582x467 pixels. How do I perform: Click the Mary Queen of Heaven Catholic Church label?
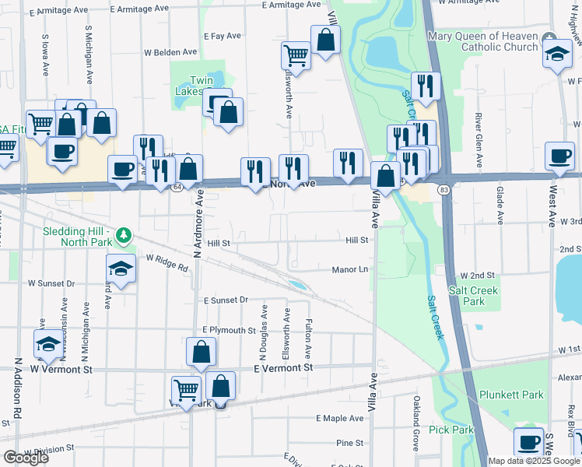(x=482, y=42)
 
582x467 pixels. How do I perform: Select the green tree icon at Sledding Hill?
(x=121, y=234)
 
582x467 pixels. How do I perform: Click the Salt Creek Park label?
(x=473, y=296)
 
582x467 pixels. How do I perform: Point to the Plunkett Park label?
(x=510, y=395)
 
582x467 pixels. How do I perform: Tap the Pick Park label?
(x=451, y=430)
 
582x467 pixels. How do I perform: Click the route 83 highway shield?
(x=443, y=191)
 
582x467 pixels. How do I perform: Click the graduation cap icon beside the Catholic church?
(x=557, y=54)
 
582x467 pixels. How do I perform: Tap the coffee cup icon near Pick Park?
(x=529, y=442)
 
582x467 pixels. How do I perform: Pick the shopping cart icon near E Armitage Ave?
(x=296, y=55)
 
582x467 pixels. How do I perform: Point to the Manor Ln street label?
(x=350, y=269)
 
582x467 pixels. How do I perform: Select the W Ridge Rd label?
(x=167, y=262)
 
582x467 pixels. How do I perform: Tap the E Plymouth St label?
(x=229, y=330)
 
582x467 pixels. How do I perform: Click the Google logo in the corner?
(x=26, y=458)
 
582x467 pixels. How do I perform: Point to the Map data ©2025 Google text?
(x=534, y=461)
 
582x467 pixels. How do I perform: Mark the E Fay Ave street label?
(x=223, y=36)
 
